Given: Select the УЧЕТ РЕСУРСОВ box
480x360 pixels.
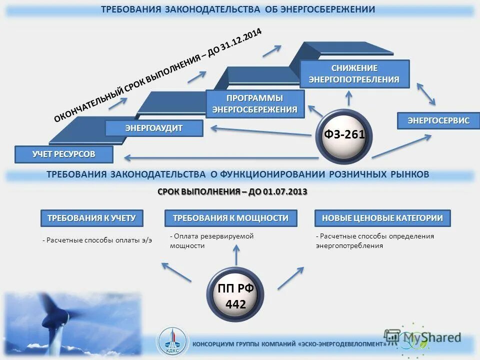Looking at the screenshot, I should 63,154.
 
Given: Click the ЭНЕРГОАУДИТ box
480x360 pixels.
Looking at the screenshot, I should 154,128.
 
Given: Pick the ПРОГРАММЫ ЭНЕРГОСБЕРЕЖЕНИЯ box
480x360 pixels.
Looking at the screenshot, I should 255,103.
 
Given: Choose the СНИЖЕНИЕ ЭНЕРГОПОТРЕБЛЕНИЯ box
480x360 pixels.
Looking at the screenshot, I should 354,73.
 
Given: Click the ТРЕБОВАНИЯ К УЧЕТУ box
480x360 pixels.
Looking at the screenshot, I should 91,218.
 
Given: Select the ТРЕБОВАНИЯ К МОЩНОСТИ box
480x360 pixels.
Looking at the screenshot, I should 230,218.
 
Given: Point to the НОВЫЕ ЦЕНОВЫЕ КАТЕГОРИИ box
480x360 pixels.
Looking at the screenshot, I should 382,218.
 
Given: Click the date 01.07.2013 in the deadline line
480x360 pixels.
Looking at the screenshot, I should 287,192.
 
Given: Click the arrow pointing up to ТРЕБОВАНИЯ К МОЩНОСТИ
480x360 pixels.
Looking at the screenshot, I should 235,257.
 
